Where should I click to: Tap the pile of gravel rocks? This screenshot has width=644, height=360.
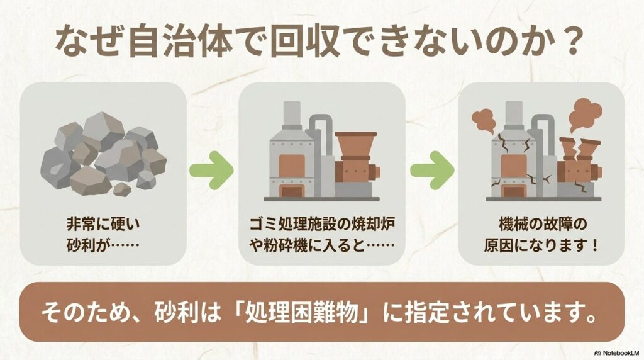(103, 154)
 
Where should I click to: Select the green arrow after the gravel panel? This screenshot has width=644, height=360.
(211, 169)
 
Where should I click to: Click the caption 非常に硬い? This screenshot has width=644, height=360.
(103, 223)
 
